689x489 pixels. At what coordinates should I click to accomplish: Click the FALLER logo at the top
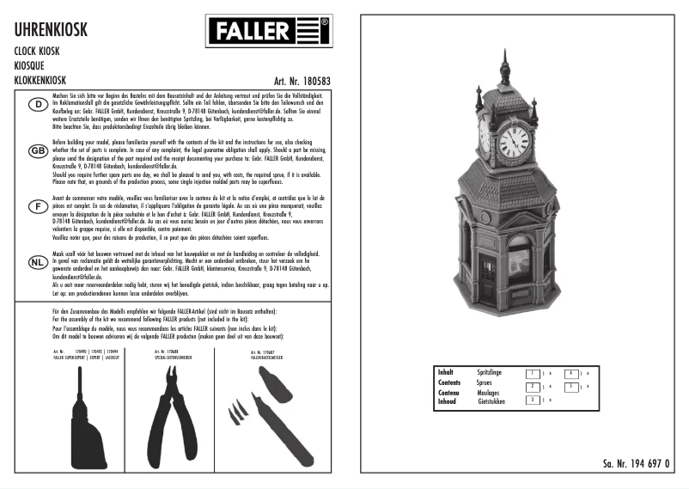click(x=268, y=32)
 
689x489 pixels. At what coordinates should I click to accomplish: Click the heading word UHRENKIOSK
click(x=51, y=31)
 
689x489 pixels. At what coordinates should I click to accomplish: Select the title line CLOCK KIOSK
click(x=37, y=52)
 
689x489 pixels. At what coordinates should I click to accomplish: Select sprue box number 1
click(x=533, y=373)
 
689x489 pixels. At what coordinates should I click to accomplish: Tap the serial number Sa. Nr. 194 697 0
click(x=636, y=463)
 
